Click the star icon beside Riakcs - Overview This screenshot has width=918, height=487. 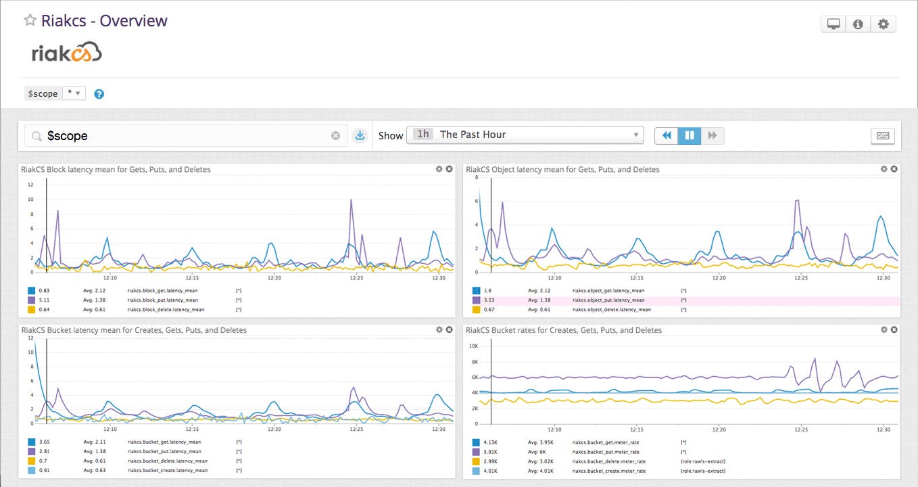pos(30,20)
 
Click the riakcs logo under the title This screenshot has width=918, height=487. pos(66,52)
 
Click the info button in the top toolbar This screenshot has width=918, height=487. pos(858,24)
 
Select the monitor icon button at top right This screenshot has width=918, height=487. pos(834,24)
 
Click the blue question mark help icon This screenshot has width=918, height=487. pos(99,94)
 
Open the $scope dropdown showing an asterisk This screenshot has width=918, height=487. pos(74,93)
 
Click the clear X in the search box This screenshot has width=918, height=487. pos(335,136)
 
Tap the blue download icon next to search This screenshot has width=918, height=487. pos(360,136)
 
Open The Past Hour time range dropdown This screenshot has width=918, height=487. pos(525,135)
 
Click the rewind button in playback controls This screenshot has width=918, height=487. pos(667,135)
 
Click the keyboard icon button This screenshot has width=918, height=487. pos(882,136)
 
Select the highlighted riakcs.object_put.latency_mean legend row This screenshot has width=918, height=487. pos(608,300)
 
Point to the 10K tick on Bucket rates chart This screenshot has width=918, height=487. pos(474,346)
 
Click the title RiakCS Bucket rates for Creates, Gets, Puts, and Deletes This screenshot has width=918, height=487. pos(564,330)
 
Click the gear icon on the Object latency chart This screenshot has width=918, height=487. pos(884,169)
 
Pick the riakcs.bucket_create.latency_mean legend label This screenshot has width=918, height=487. pos(166,470)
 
